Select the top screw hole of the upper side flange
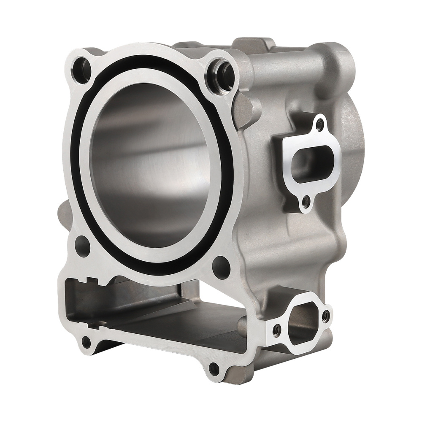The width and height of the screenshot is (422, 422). click(x=319, y=124)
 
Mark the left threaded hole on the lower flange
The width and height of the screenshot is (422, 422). click(x=276, y=328)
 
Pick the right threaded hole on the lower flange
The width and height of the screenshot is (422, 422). click(x=325, y=314)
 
